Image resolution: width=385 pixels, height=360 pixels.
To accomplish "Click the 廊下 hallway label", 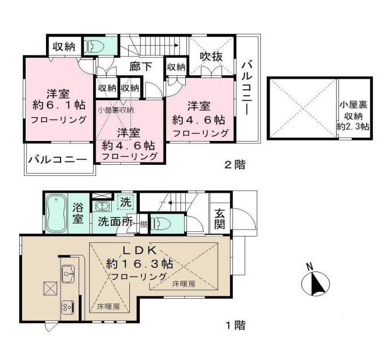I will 141,66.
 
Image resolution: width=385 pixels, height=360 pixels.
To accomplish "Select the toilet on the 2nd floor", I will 94,45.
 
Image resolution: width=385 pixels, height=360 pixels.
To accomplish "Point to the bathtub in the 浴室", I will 56,213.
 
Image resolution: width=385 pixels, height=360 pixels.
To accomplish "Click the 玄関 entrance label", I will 220,220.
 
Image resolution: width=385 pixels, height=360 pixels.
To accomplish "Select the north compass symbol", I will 315,284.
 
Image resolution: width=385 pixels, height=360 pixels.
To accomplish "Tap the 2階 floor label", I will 235,165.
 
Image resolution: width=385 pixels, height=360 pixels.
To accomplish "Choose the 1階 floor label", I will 235,326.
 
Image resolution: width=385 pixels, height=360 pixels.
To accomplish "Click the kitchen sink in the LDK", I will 68,271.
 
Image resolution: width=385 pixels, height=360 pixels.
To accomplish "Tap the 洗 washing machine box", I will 125,202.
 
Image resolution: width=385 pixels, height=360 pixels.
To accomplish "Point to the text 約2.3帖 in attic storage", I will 355,126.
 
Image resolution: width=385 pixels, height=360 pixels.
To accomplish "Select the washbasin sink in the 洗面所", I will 103,206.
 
